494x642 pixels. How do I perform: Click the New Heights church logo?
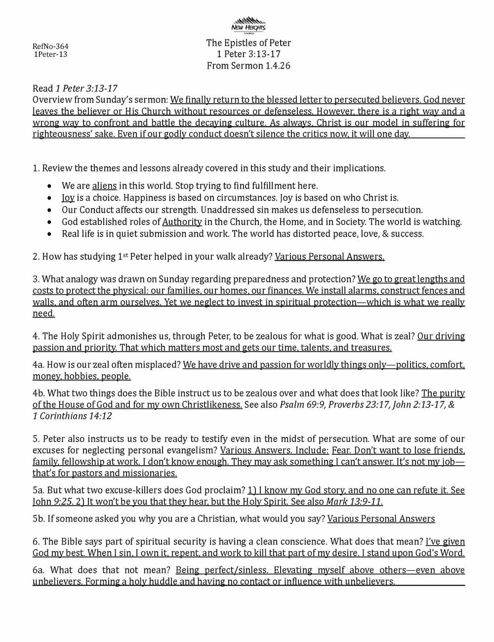point(248,25)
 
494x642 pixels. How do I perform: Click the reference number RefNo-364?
point(50,46)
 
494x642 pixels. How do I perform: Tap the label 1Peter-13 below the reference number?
point(50,54)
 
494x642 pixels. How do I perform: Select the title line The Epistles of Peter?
point(248,43)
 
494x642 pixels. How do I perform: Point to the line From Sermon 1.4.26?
point(248,66)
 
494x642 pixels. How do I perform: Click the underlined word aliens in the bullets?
point(104,186)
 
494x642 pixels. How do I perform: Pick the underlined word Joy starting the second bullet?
point(68,198)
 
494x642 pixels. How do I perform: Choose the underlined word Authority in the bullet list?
point(182,222)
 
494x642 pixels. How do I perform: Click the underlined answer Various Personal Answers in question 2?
point(329,257)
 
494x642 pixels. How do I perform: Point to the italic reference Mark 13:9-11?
point(354,502)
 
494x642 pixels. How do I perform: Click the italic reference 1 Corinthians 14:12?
point(72,416)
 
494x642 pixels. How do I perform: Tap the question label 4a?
point(38,365)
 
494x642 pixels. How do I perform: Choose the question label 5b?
point(39,519)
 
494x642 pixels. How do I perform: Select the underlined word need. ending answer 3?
point(43,314)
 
